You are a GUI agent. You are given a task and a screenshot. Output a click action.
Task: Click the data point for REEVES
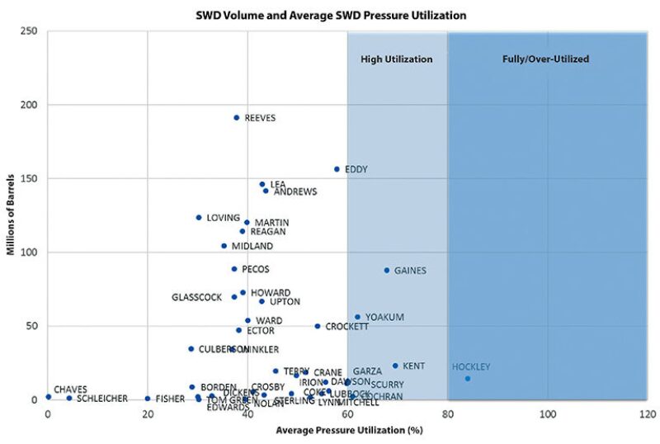click(x=236, y=117)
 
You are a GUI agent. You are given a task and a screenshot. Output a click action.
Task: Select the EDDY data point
click(x=337, y=169)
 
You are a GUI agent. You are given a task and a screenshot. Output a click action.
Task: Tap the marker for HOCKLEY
click(x=468, y=379)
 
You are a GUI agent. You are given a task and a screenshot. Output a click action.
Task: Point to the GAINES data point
click(x=386, y=270)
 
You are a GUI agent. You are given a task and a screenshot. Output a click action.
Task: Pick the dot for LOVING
click(x=199, y=218)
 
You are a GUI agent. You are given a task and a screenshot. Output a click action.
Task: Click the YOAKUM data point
click(x=357, y=317)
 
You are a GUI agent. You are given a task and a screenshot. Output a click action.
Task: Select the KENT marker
click(x=395, y=366)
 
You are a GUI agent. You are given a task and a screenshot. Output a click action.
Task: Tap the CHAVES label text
click(x=70, y=390)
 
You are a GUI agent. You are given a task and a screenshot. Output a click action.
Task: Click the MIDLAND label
click(x=252, y=246)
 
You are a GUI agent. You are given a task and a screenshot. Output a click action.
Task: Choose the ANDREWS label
click(x=295, y=191)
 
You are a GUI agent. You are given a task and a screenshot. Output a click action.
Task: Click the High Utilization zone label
click(x=397, y=59)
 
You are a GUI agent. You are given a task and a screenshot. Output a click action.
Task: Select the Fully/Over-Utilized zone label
click(x=546, y=59)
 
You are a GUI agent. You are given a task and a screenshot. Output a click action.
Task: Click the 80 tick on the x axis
click(x=447, y=413)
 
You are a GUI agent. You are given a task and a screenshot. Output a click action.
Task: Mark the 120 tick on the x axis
click(x=646, y=413)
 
